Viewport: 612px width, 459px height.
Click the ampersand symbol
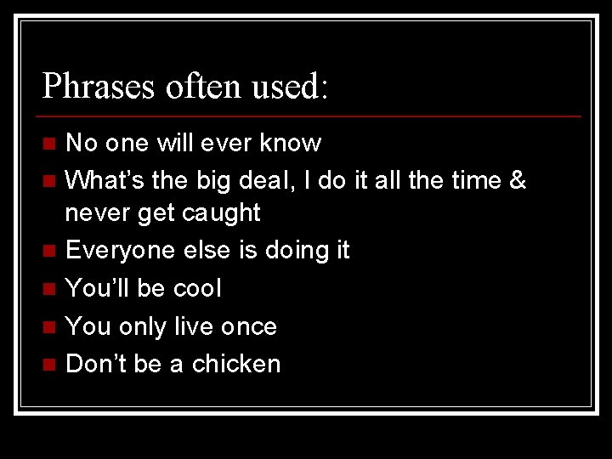pyautogui.click(x=517, y=181)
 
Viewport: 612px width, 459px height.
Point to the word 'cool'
pyautogui.click(x=196, y=288)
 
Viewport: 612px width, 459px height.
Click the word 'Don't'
pyautogui.click(x=96, y=364)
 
